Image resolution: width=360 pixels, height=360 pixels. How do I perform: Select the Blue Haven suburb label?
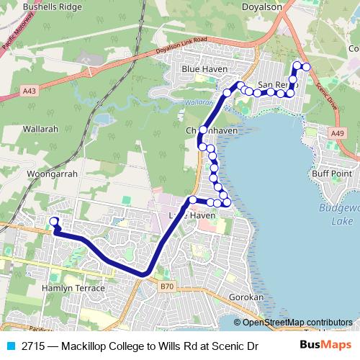[x=204, y=69]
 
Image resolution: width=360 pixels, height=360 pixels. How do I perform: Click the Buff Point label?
[x=330, y=174]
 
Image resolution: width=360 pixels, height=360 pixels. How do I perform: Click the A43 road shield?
[x=30, y=91]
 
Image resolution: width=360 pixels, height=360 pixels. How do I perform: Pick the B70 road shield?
[x=167, y=286]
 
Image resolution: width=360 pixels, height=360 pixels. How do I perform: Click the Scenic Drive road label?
[x=327, y=93]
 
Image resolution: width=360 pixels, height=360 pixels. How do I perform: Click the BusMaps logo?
[x=325, y=346]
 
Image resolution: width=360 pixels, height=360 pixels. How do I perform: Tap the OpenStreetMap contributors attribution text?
[x=297, y=323]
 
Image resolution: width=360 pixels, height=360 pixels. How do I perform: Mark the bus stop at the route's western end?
[x=53, y=221]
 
